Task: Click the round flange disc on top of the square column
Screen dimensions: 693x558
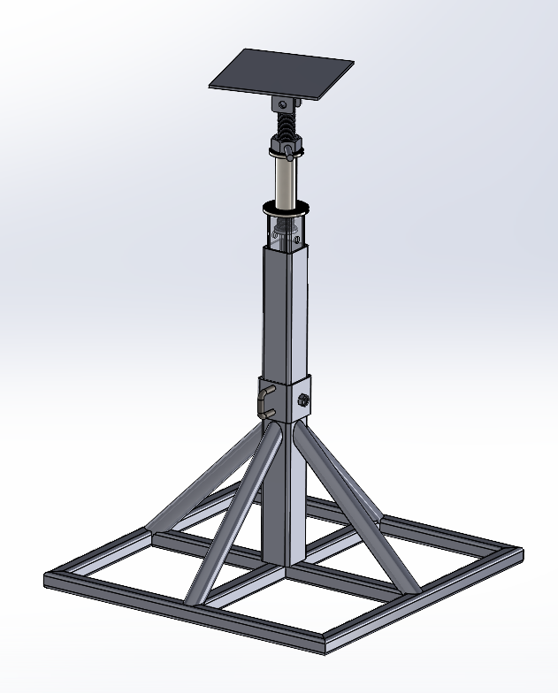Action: click(285, 209)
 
